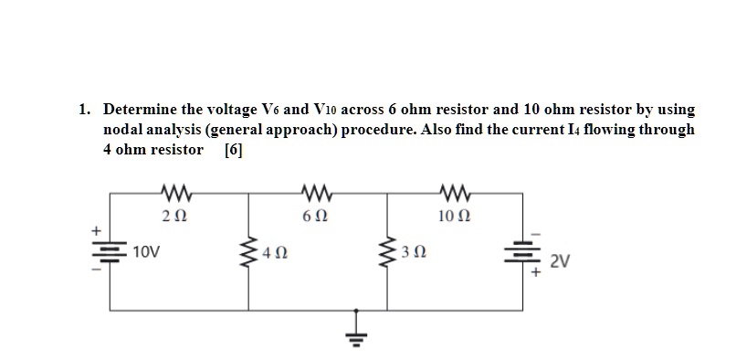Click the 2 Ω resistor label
click(173, 217)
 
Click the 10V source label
click(145, 250)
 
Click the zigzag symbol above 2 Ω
click(173, 193)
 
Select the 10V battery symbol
click(111, 253)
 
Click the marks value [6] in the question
click(233, 150)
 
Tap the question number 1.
click(83, 110)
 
